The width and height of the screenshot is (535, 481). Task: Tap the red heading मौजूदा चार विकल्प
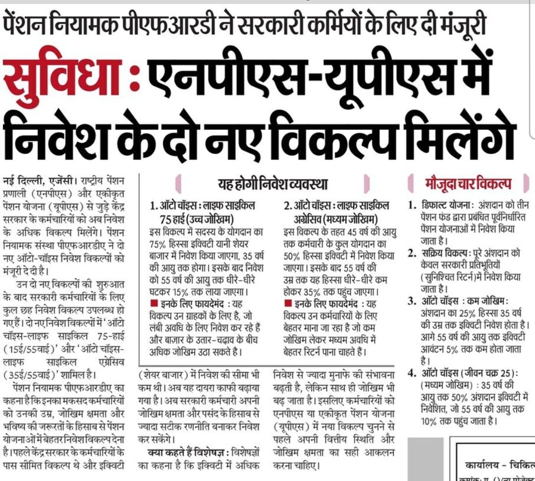point(469,183)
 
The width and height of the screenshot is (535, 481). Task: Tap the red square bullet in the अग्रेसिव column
point(288,303)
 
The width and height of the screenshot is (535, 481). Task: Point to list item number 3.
point(412,301)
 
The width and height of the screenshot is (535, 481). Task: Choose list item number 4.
point(412,373)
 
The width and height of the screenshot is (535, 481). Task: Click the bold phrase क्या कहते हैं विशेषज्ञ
point(189,452)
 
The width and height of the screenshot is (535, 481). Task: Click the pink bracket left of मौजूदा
point(412,184)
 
